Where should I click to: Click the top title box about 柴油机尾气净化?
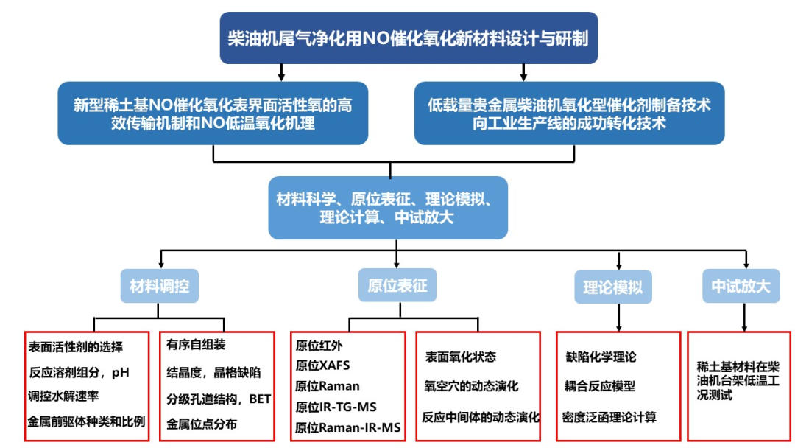(409, 38)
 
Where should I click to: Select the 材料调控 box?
(160, 286)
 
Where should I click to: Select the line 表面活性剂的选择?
(75, 346)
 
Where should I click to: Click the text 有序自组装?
(195, 346)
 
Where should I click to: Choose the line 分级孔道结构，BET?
(219, 399)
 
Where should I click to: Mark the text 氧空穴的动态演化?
(471, 386)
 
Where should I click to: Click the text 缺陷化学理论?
(601, 357)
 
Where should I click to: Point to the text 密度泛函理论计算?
(609, 417)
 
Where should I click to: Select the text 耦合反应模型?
(601, 386)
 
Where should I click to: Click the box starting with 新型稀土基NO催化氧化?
(213, 113)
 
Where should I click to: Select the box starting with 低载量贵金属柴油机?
(569, 113)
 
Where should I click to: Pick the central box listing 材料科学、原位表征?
(388, 209)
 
